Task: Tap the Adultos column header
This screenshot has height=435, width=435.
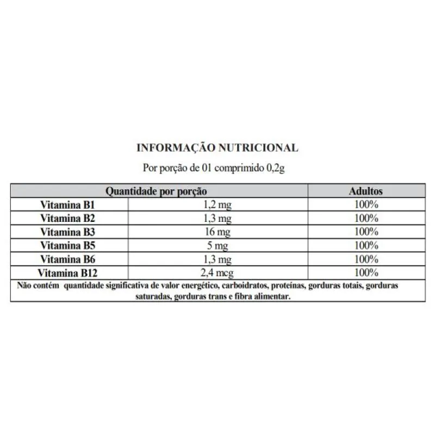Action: point(365,191)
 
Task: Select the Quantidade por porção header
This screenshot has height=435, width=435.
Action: point(156,191)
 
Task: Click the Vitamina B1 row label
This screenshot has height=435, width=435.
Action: point(68,205)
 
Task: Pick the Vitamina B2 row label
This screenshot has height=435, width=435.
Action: point(68,219)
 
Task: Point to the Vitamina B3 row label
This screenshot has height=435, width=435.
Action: point(68,232)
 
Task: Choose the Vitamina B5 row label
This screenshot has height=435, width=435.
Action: point(68,246)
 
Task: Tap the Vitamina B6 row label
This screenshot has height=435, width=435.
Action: point(68,259)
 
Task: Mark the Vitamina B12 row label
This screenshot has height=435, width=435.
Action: point(68,272)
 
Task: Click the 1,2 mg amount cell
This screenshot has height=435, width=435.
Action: point(217,205)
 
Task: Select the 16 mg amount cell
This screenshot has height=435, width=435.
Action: point(217,232)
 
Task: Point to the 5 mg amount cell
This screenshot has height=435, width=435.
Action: point(217,246)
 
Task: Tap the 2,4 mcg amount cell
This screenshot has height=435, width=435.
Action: point(217,272)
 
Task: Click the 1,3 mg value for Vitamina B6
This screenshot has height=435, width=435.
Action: point(217,259)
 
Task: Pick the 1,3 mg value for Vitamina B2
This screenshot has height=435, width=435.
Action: point(217,219)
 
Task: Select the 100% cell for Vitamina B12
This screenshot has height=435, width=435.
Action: point(365,272)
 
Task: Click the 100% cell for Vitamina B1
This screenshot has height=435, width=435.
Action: point(365,205)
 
